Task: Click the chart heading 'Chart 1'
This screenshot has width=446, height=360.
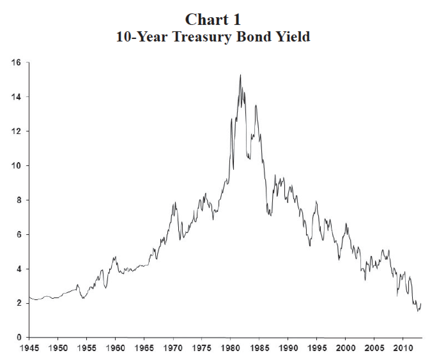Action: tap(213, 19)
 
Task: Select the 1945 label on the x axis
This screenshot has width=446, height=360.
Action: tap(29, 348)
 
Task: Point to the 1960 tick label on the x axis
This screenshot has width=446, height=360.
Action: tap(115, 348)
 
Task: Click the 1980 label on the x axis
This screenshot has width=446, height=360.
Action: tap(230, 348)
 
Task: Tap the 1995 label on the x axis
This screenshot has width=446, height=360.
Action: tap(317, 348)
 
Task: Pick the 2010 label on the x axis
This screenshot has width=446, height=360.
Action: tap(403, 348)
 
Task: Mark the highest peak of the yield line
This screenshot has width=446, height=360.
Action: tap(240, 75)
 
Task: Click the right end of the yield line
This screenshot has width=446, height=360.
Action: tap(421, 303)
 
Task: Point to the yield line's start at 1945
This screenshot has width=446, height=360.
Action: tap(29, 297)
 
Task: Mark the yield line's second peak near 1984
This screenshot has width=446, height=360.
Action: tap(256, 105)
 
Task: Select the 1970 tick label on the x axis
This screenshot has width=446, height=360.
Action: tap(173, 348)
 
